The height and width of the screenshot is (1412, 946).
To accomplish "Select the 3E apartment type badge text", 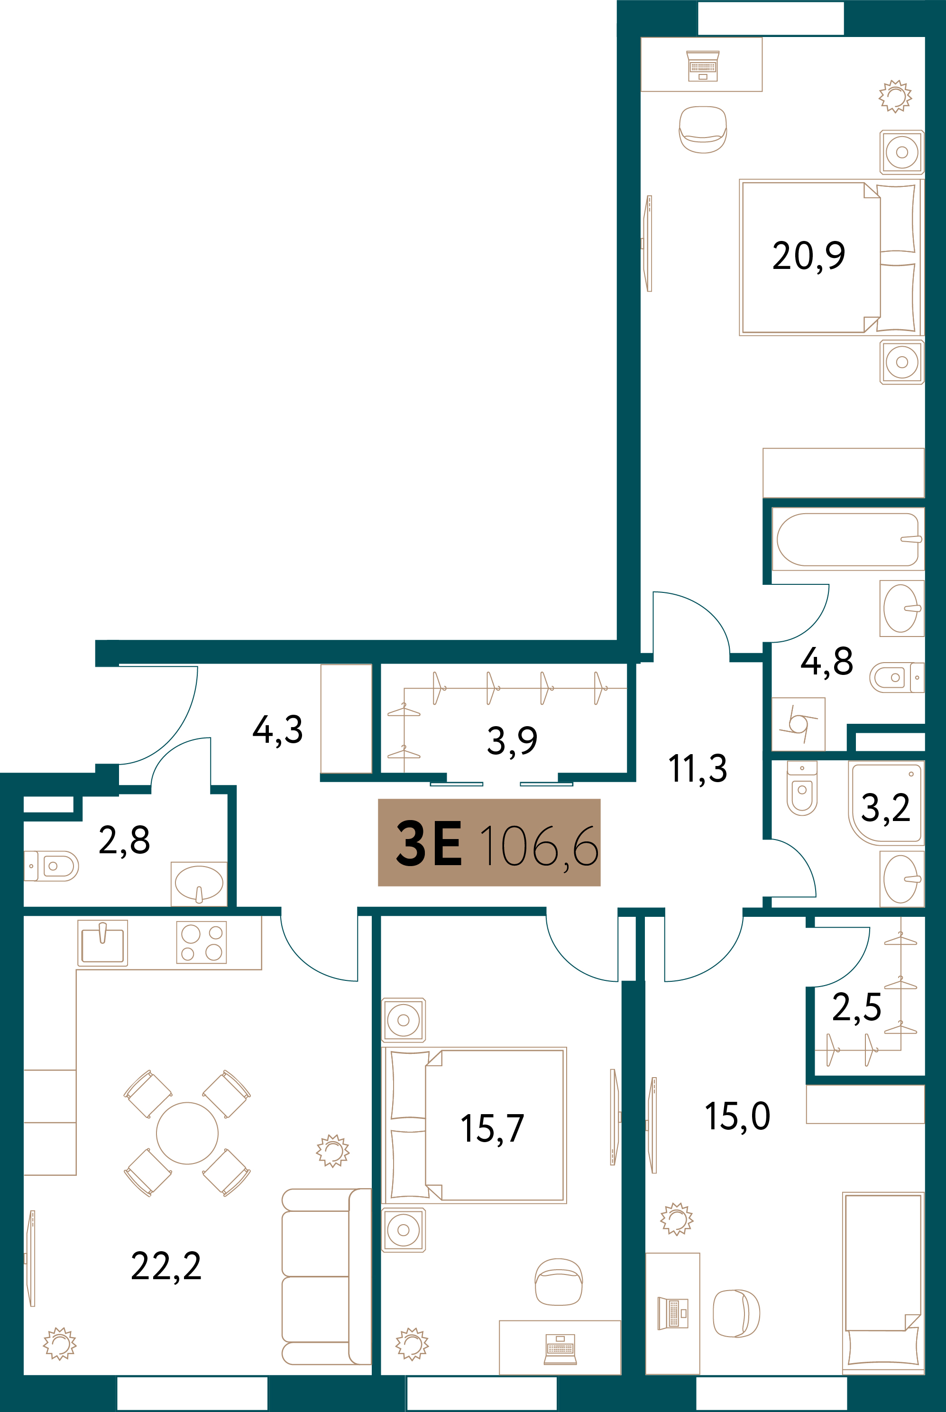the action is point(429,843).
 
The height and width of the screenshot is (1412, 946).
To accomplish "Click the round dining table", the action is point(187,1133).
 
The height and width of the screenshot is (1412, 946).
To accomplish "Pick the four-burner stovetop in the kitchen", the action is point(202,942).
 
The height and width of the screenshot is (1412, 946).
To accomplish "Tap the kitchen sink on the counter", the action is point(102,942).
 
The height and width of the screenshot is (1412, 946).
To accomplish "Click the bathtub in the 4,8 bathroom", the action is point(848,539).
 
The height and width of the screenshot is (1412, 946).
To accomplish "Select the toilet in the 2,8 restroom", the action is point(51,866).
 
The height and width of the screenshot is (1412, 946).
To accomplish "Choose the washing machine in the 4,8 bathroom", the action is point(798,724).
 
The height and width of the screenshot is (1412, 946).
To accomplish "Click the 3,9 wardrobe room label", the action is point(512,741).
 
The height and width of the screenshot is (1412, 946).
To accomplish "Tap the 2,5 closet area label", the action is point(857,1007).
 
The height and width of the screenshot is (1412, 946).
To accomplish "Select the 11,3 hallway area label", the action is point(698,769).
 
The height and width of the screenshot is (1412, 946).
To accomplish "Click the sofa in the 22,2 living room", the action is point(326,1277).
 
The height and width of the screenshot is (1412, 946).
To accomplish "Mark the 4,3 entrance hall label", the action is point(277,730).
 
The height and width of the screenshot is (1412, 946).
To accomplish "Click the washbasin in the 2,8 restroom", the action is point(199,884).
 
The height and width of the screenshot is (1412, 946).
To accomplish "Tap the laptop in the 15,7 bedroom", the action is point(560,1349).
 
